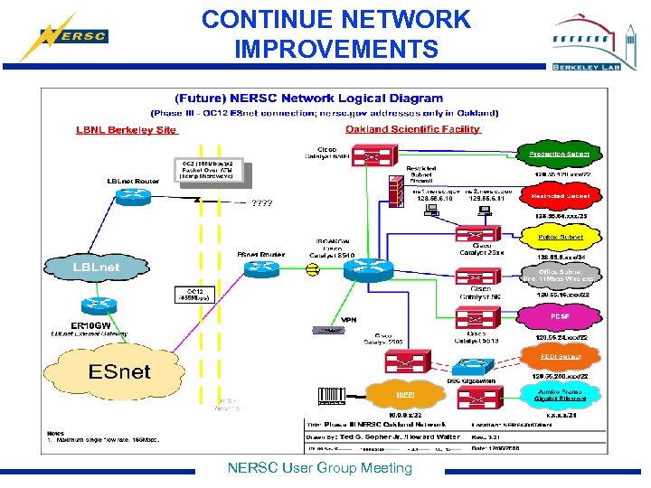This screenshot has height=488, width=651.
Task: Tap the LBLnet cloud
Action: coord(96,267)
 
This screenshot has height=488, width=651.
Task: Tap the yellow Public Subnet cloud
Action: coord(561,238)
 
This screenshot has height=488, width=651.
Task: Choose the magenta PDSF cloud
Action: coord(561,317)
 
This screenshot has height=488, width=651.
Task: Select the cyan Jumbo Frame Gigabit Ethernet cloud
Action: coord(561,395)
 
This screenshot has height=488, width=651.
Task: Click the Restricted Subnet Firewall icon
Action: coord(395,189)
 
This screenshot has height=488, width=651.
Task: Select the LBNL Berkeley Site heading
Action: coord(126,129)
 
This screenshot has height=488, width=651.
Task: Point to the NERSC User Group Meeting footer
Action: coord(319,468)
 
